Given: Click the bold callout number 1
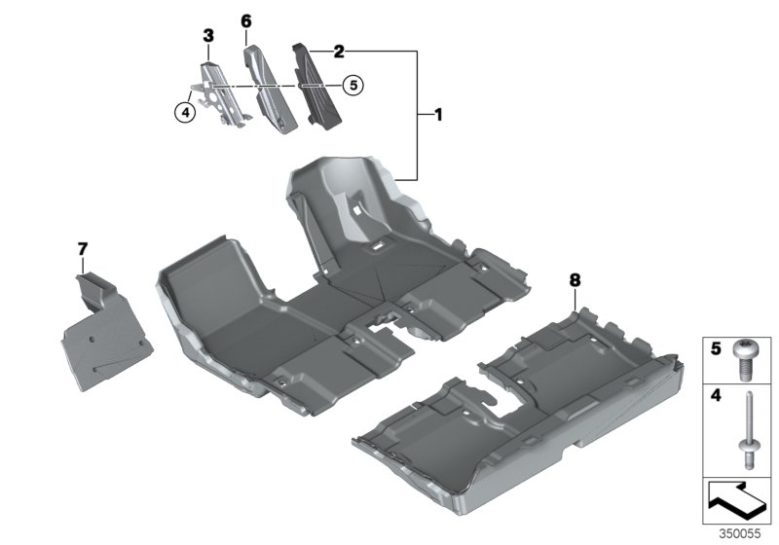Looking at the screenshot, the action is point(437,115).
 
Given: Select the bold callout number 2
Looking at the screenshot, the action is point(339,52).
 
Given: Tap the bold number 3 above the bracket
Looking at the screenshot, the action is point(208,36).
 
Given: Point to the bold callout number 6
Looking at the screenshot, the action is point(246,21).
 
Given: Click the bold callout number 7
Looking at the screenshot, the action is point(83,249).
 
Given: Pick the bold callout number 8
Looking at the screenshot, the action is point(575,280).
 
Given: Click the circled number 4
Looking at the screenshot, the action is point(185,113).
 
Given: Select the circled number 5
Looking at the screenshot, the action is point(353,86).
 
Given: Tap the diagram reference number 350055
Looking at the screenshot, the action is point(740,534).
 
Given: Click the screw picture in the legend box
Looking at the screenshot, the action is point(743,360).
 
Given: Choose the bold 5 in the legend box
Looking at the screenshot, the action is point(716,348).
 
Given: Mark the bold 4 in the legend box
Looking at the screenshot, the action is point(716,395).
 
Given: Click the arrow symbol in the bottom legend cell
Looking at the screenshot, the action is point(737,501).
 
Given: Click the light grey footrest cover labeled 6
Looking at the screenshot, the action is point(271,90).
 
